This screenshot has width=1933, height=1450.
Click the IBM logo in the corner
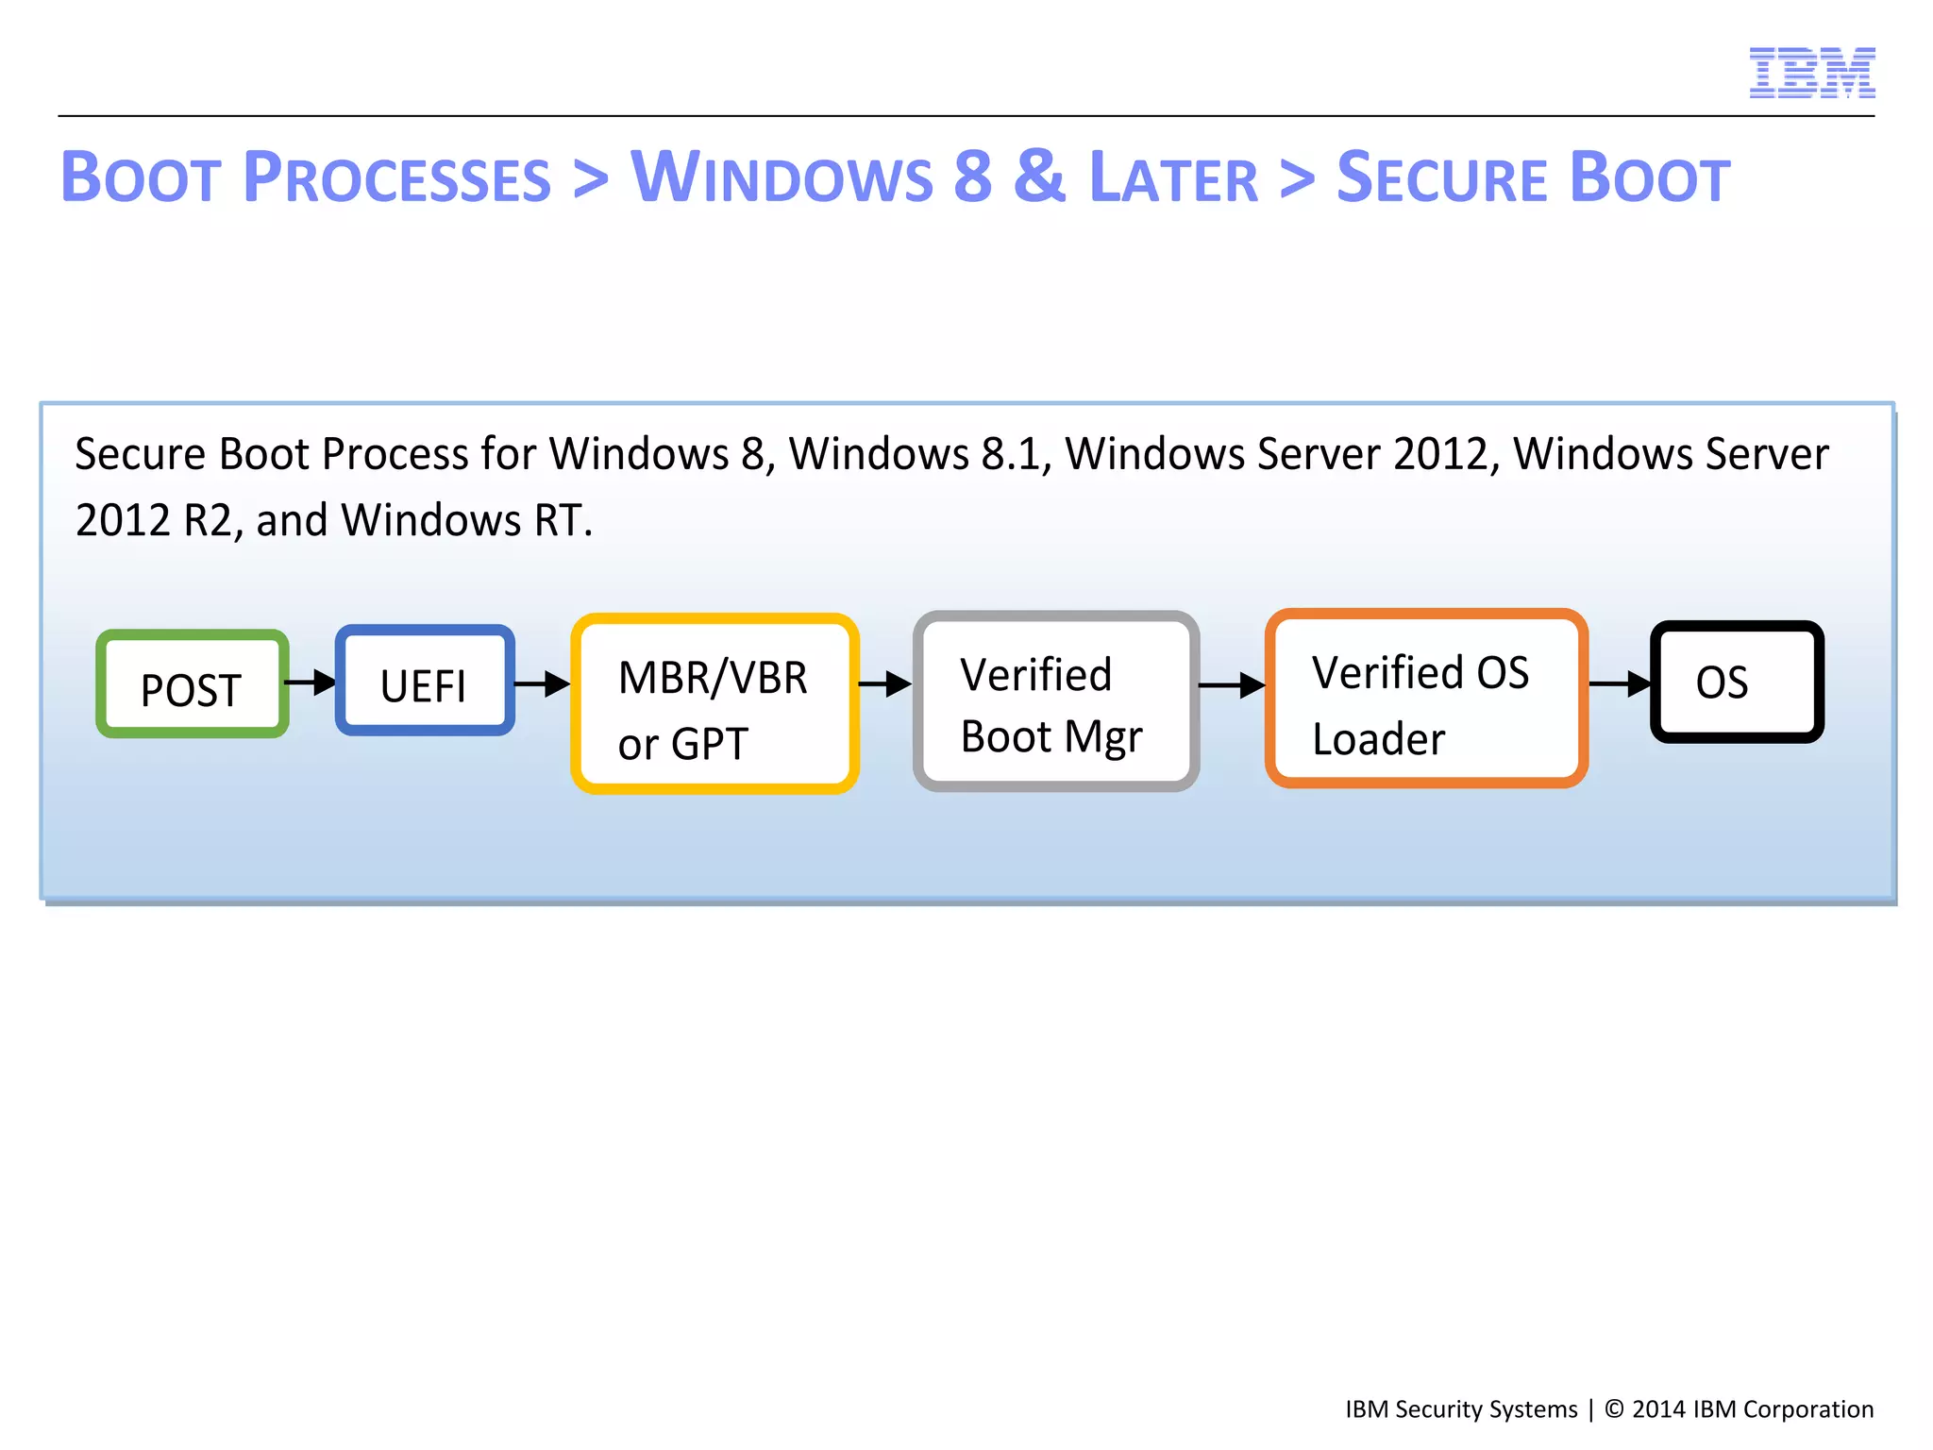[x=1811, y=73]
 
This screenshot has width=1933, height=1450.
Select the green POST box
[x=193, y=684]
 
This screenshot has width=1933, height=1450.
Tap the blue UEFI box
[x=425, y=681]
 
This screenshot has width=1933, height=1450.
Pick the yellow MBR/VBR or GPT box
[x=714, y=704]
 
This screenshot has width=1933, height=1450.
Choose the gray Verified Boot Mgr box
[x=1056, y=701]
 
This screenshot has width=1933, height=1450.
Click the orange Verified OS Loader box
[x=1426, y=699]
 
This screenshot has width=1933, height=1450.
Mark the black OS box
[x=1736, y=682]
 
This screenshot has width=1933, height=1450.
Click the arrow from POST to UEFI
[x=311, y=682]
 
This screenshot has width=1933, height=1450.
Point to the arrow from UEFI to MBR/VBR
[x=543, y=683]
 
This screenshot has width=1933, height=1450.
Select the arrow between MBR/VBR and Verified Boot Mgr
[x=885, y=683]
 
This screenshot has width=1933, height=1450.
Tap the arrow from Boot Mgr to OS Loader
[x=1232, y=685]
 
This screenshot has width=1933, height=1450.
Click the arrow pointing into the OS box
[x=1620, y=683]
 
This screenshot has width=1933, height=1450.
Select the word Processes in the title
[x=396, y=177]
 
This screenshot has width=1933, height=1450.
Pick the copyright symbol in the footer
[x=1614, y=1408]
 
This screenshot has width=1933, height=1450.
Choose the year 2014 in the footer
[x=1658, y=1409]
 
